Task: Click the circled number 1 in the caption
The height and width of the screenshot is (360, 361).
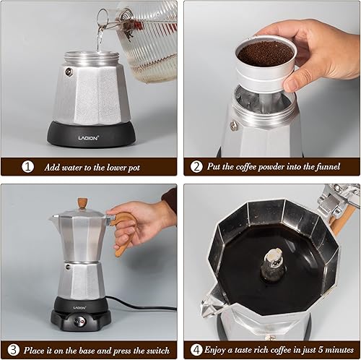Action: point(28,166)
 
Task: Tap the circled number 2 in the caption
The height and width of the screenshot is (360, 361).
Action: point(196,166)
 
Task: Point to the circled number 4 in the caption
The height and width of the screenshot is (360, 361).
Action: point(196,349)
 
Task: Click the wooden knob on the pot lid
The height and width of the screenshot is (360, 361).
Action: point(83,204)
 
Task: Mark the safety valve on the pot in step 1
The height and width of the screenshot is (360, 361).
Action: point(69,72)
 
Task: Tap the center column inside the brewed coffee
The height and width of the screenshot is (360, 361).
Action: point(272,264)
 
